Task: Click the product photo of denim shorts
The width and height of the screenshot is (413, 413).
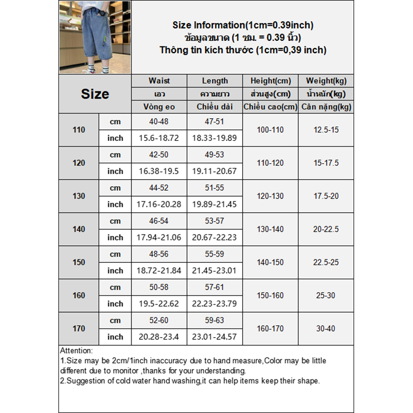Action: [x=95, y=37]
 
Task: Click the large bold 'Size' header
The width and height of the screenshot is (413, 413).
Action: [x=95, y=94]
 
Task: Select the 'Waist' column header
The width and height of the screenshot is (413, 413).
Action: [x=159, y=81]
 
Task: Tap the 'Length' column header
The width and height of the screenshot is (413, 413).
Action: [x=215, y=81]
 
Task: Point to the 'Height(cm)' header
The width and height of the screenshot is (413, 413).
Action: [x=271, y=81]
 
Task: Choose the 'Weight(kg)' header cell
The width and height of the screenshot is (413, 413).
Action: [x=326, y=81]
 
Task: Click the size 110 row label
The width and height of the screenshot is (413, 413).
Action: [x=79, y=130]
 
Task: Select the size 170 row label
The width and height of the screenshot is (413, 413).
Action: [x=79, y=328]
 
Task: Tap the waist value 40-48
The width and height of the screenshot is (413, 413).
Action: [x=159, y=121]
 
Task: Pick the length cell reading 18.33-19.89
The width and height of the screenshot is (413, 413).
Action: [x=215, y=138]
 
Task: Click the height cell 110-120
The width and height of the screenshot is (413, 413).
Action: [x=271, y=163]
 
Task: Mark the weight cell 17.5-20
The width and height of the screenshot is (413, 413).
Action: [x=326, y=196]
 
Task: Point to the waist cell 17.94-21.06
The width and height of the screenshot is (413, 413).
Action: [x=159, y=237]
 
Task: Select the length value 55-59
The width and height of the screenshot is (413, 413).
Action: [x=215, y=254]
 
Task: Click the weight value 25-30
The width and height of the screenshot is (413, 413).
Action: [x=326, y=295]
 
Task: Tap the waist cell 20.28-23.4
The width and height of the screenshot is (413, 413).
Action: [x=159, y=337]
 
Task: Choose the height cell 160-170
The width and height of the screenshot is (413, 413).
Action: [x=271, y=328]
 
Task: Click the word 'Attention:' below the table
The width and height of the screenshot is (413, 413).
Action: [x=76, y=351]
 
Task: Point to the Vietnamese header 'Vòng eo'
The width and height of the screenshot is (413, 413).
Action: [x=159, y=107]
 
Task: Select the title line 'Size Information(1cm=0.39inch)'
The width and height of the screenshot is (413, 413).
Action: [x=243, y=25]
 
